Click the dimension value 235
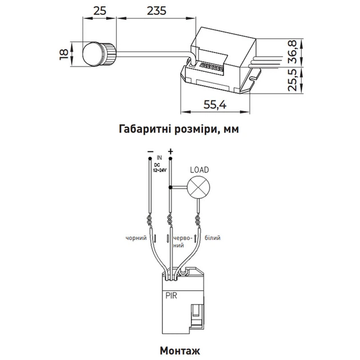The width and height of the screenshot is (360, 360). tap(157, 11)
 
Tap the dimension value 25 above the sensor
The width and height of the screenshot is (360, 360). tap(100, 11)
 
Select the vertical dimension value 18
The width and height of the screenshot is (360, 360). tap(64, 54)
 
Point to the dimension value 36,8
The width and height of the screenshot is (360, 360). tap(293, 51)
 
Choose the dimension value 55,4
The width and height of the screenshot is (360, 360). tap(215, 105)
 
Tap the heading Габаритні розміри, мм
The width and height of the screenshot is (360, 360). tap(179, 129)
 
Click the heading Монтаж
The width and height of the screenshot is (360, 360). tap(180, 351)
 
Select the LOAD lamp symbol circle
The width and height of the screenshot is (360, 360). tap(198, 187)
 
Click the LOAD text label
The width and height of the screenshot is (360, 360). tap(199, 170)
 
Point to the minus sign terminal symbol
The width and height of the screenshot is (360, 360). tap(150, 151)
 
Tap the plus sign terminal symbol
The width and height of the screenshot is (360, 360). tap(170, 151)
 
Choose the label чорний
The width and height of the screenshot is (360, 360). tap(136, 238)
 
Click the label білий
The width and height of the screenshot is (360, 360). tap(213, 238)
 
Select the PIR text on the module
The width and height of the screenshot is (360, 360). tap(171, 296)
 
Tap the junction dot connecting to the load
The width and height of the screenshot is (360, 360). tap(170, 187)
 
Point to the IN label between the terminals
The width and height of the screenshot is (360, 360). tap(159, 158)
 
